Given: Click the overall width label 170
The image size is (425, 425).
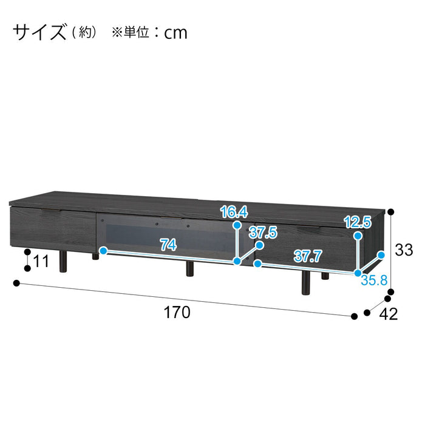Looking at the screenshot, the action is pyautogui.click(x=177, y=312).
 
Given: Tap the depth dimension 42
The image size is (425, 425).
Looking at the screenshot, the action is pyautogui.click(x=389, y=314).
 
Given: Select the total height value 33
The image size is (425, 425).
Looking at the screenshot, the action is pyautogui.click(x=404, y=250).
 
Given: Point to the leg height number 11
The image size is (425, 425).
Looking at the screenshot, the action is pyautogui.click(x=41, y=261).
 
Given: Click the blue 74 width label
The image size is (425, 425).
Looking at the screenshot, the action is pyautogui.click(x=168, y=245).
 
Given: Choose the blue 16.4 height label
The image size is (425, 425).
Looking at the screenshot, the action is pyautogui.click(x=234, y=212).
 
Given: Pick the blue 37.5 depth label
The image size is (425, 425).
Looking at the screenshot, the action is pyautogui.click(x=263, y=233).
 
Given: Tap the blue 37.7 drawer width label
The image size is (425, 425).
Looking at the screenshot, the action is pyautogui.click(x=308, y=256).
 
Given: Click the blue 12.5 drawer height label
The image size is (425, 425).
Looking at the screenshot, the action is pyautogui.click(x=358, y=222).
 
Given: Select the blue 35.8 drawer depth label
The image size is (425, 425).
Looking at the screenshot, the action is pyautogui.click(x=374, y=280).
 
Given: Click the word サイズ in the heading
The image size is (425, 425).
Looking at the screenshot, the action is pyautogui.click(x=39, y=32).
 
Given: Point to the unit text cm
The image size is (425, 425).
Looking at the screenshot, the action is pyautogui.click(x=175, y=33).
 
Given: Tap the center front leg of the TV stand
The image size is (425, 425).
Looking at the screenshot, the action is pyautogui.click(x=190, y=268).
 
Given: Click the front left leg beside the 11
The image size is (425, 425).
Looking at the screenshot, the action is pyautogui.click(x=63, y=261).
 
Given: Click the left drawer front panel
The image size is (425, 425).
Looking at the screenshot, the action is pyautogui.click(x=53, y=227).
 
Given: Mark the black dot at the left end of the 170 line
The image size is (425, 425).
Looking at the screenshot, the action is pyautogui.click(x=17, y=284).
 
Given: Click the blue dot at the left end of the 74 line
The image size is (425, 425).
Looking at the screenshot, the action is pyautogui.click(x=103, y=251).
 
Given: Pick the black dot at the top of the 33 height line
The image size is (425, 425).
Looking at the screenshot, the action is pyautogui.click(x=390, y=212).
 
